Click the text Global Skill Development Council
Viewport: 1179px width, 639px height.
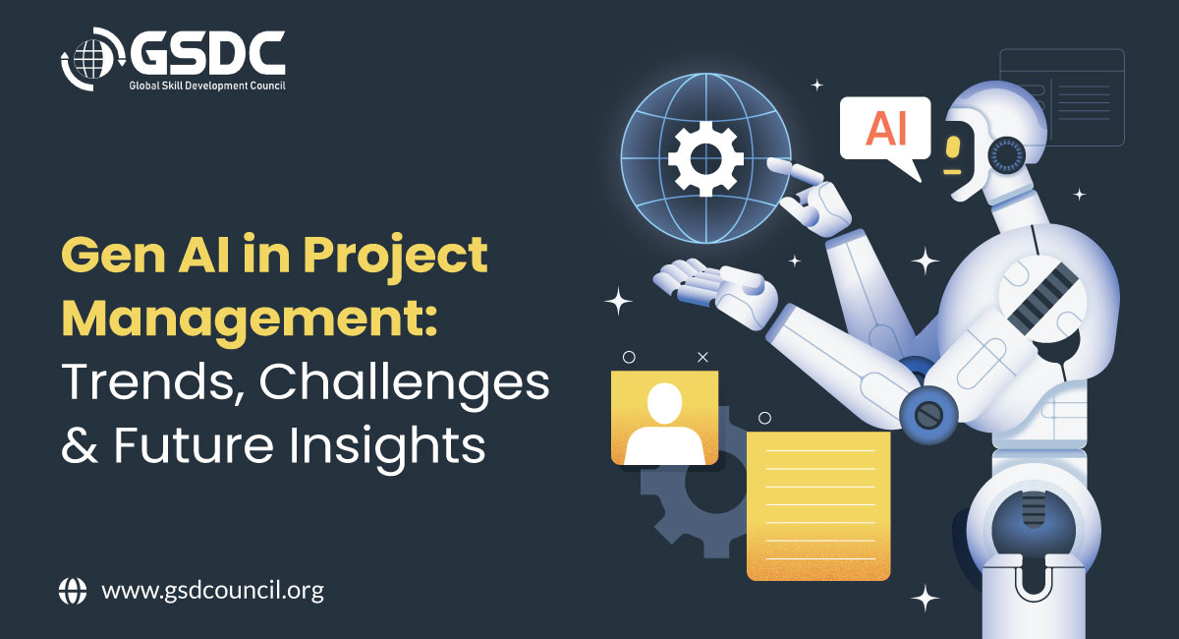tap(207, 86)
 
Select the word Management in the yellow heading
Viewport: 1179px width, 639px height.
tap(250, 320)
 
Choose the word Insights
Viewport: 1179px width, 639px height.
tap(387, 447)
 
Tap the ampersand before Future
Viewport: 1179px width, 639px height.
tap(80, 445)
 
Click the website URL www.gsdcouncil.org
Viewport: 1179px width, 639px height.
tap(212, 591)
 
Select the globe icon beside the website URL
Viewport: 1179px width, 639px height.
tap(73, 591)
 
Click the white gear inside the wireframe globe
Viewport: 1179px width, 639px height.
tap(705, 158)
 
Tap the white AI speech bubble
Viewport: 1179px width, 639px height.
tap(885, 132)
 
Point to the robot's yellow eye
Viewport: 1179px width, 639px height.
tap(952, 147)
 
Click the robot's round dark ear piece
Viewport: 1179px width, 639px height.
tap(1006, 155)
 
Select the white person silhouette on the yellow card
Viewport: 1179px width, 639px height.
tap(664, 424)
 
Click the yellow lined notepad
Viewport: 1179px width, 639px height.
tap(818, 505)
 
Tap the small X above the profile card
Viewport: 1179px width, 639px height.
tap(702, 357)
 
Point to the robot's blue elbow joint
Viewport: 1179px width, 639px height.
tap(928, 415)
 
